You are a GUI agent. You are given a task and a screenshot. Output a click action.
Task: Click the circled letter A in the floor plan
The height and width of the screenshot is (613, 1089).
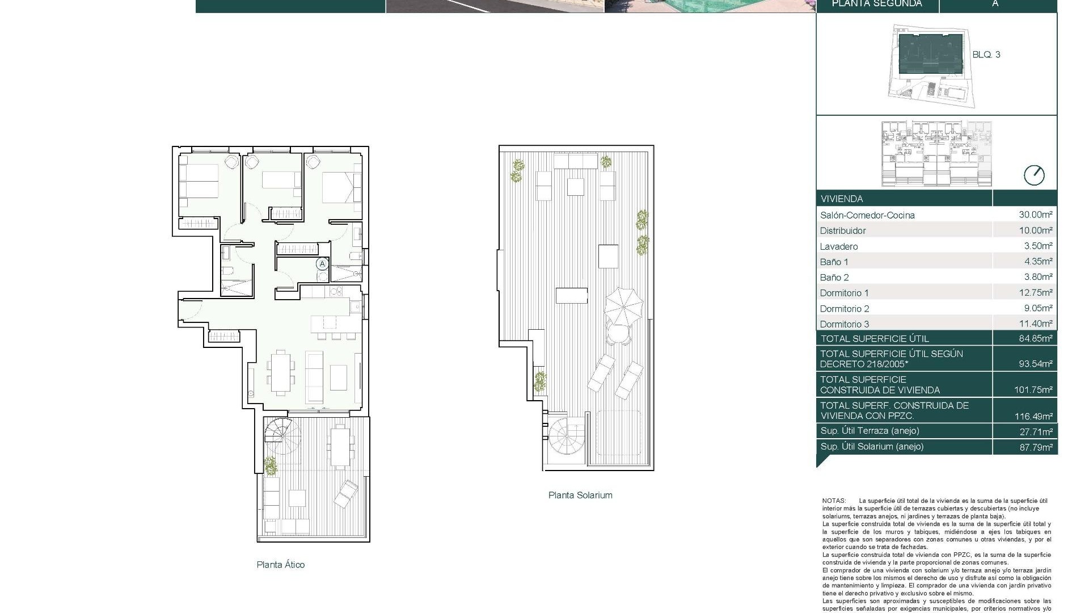point(322,264)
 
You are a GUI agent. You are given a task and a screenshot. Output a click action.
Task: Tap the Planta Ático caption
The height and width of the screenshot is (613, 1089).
point(281,565)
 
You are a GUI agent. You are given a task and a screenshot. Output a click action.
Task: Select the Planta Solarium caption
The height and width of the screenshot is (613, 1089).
point(580,495)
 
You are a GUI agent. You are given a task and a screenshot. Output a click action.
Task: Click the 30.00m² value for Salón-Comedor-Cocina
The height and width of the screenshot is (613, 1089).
point(1036,215)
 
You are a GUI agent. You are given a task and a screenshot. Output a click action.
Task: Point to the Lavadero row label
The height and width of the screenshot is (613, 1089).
point(839,246)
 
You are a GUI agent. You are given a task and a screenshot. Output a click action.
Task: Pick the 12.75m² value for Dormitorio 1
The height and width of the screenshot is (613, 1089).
point(1036,293)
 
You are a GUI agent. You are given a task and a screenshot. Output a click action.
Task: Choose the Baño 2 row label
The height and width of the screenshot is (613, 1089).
point(834,278)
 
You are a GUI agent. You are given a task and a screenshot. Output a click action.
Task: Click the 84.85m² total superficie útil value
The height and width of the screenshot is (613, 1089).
point(1036,338)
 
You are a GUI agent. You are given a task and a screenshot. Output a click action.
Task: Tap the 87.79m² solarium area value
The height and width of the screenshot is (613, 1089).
point(1036,447)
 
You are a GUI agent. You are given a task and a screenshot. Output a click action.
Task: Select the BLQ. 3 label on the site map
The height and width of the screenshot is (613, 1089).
point(986,54)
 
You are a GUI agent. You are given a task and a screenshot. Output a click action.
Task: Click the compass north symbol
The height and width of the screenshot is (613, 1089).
point(1034,175)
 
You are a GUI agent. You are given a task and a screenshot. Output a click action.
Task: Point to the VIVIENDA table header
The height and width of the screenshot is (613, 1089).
point(842,199)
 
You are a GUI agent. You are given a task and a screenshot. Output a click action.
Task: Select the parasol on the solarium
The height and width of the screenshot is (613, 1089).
point(623,304)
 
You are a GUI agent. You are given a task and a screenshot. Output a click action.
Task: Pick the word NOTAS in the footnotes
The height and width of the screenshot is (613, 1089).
point(834,501)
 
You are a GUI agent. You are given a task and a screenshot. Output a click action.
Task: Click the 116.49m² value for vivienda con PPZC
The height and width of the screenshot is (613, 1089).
point(1033,416)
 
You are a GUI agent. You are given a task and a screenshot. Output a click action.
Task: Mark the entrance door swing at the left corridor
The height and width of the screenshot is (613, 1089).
point(191,309)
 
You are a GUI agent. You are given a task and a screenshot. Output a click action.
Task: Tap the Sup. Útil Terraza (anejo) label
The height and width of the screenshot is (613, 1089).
point(869,431)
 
